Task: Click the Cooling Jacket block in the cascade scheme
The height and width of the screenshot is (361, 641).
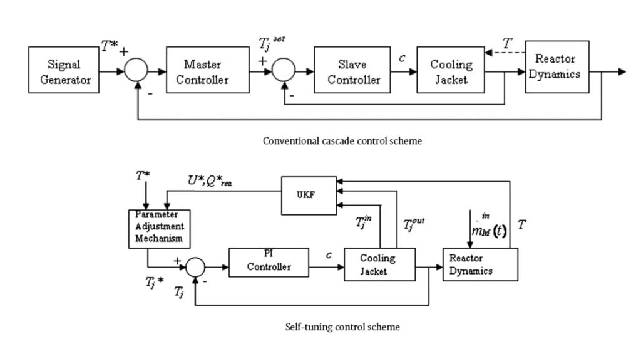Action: click(x=451, y=72)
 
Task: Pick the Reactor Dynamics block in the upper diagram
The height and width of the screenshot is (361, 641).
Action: click(x=556, y=67)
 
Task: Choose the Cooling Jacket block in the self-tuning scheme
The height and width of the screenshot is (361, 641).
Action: click(x=378, y=264)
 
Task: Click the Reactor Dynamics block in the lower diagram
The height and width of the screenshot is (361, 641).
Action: click(x=480, y=264)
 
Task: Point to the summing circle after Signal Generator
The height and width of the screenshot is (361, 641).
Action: click(x=136, y=72)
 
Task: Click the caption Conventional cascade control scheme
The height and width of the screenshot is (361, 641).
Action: click(x=342, y=141)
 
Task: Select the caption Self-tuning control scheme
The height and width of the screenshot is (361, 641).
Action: click(x=342, y=327)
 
